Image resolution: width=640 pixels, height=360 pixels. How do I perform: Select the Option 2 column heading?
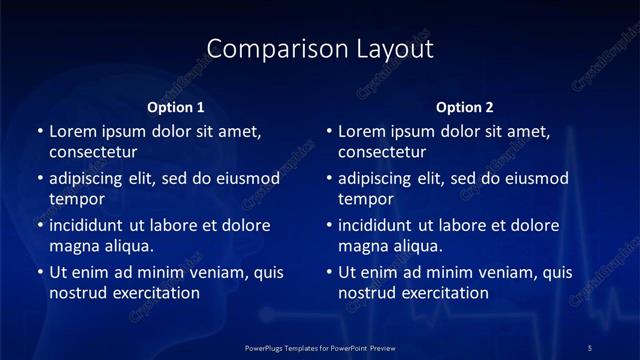tap(465, 107)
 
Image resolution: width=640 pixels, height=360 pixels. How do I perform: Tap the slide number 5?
tap(590, 347)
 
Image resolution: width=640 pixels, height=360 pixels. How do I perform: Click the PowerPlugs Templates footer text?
tap(320, 347)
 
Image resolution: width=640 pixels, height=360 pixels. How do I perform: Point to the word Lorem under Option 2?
tap(361, 131)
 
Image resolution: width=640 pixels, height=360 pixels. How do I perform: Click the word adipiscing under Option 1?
tap(90, 178)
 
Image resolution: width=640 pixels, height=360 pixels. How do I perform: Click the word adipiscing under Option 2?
tap(380, 178)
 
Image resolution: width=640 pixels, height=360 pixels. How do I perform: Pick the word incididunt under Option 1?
tap(90, 225)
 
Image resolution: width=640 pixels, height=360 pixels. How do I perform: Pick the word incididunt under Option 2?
tap(380, 225)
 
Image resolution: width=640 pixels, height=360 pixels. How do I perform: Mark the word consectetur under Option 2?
tap(383, 152)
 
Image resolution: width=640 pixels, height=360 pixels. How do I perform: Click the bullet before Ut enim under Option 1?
tap(39, 272)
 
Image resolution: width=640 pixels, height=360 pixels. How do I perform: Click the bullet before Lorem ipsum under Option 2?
tap(329, 131)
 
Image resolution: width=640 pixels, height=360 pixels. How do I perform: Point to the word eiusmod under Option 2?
tap(535, 178)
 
